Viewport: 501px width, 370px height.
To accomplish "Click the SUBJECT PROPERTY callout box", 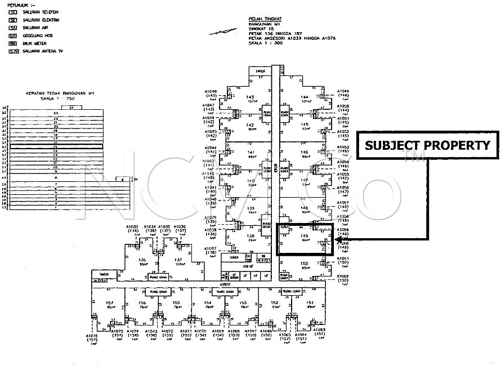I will [428, 145].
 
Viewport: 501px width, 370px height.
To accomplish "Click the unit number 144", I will [305, 97].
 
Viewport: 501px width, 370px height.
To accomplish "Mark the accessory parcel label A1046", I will [210, 91].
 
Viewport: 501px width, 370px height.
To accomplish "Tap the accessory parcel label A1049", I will [343, 91].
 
